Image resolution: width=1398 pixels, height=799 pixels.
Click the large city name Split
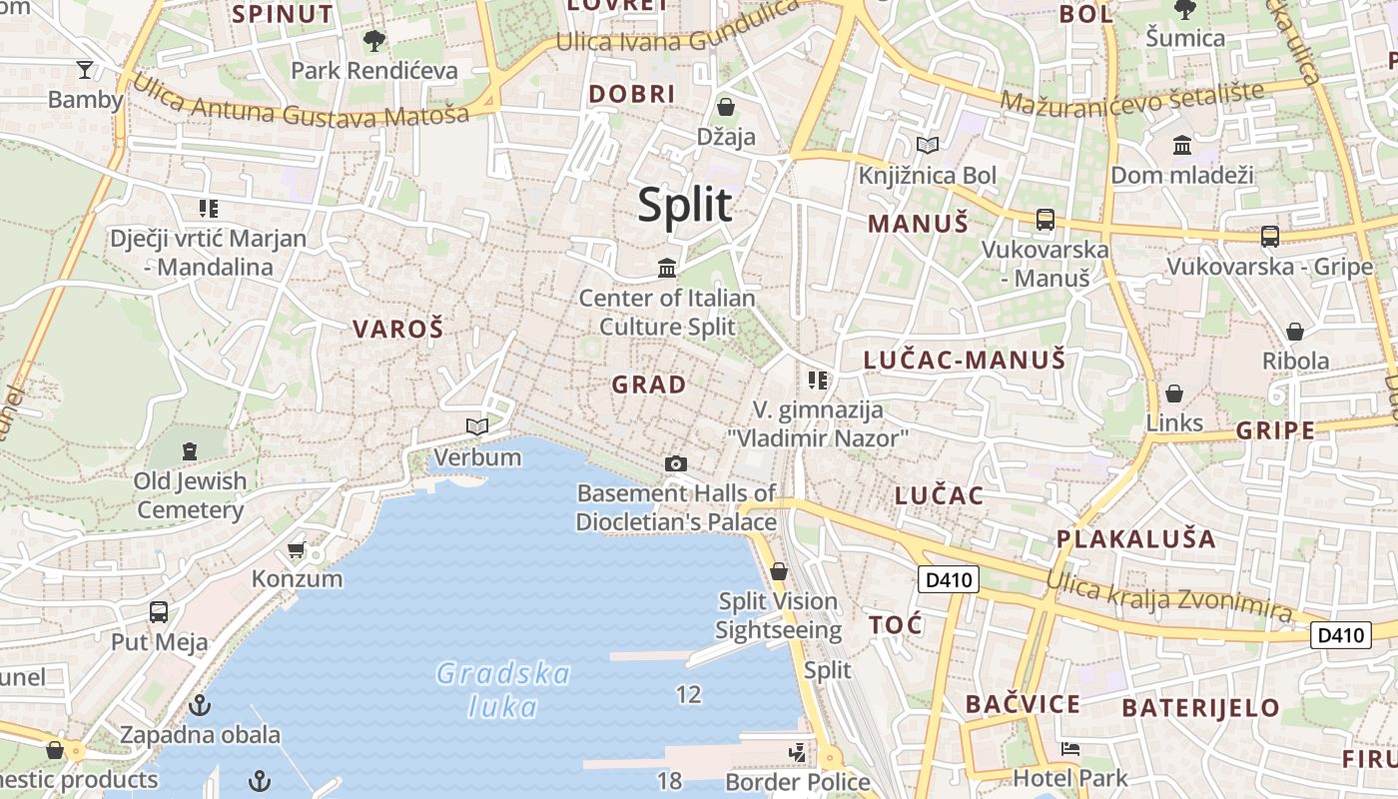tap(685, 206)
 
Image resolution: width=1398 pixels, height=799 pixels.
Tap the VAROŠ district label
tap(397, 330)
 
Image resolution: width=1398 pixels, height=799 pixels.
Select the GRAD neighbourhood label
tap(649, 385)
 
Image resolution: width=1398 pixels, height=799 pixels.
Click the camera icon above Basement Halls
tap(676, 463)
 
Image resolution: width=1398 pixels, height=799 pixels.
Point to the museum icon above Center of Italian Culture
tap(667, 268)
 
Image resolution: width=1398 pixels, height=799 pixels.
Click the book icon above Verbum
tap(477, 427)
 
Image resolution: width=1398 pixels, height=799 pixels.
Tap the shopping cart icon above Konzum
tap(297, 549)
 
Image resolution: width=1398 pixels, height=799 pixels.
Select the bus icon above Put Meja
tap(159, 611)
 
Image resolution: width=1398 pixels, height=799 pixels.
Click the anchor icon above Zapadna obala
tap(201, 705)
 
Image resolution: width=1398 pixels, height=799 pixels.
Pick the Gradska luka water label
tap(504, 690)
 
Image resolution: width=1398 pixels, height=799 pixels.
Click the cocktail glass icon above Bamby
tap(85, 69)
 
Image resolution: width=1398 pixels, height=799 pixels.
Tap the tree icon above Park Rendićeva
tap(374, 41)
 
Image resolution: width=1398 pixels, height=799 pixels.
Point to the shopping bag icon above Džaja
tap(726, 106)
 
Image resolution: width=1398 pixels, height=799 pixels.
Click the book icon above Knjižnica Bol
tap(928, 146)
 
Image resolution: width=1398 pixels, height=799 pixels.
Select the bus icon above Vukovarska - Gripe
tap(1269, 237)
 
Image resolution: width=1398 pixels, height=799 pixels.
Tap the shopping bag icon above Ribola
tap(1295, 331)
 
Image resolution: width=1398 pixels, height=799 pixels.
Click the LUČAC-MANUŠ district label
tap(965, 361)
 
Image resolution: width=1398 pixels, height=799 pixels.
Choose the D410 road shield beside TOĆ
tap(948, 579)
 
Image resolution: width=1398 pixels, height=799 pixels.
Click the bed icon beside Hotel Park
tap(1070, 748)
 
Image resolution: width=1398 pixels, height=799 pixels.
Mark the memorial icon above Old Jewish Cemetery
tap(190, 451)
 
